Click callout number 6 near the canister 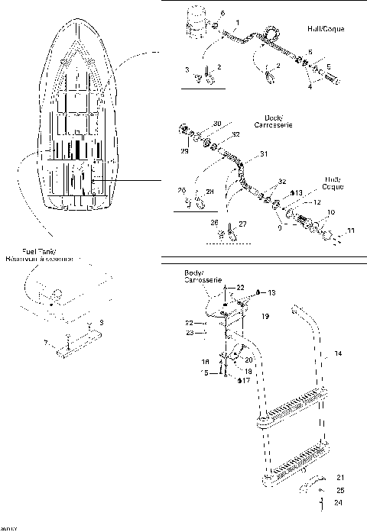click(x=222, y=15)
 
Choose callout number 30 click(x=217, y=124)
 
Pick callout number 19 click(x=266, y=314)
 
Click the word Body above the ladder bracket click(x=194, y=272)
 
